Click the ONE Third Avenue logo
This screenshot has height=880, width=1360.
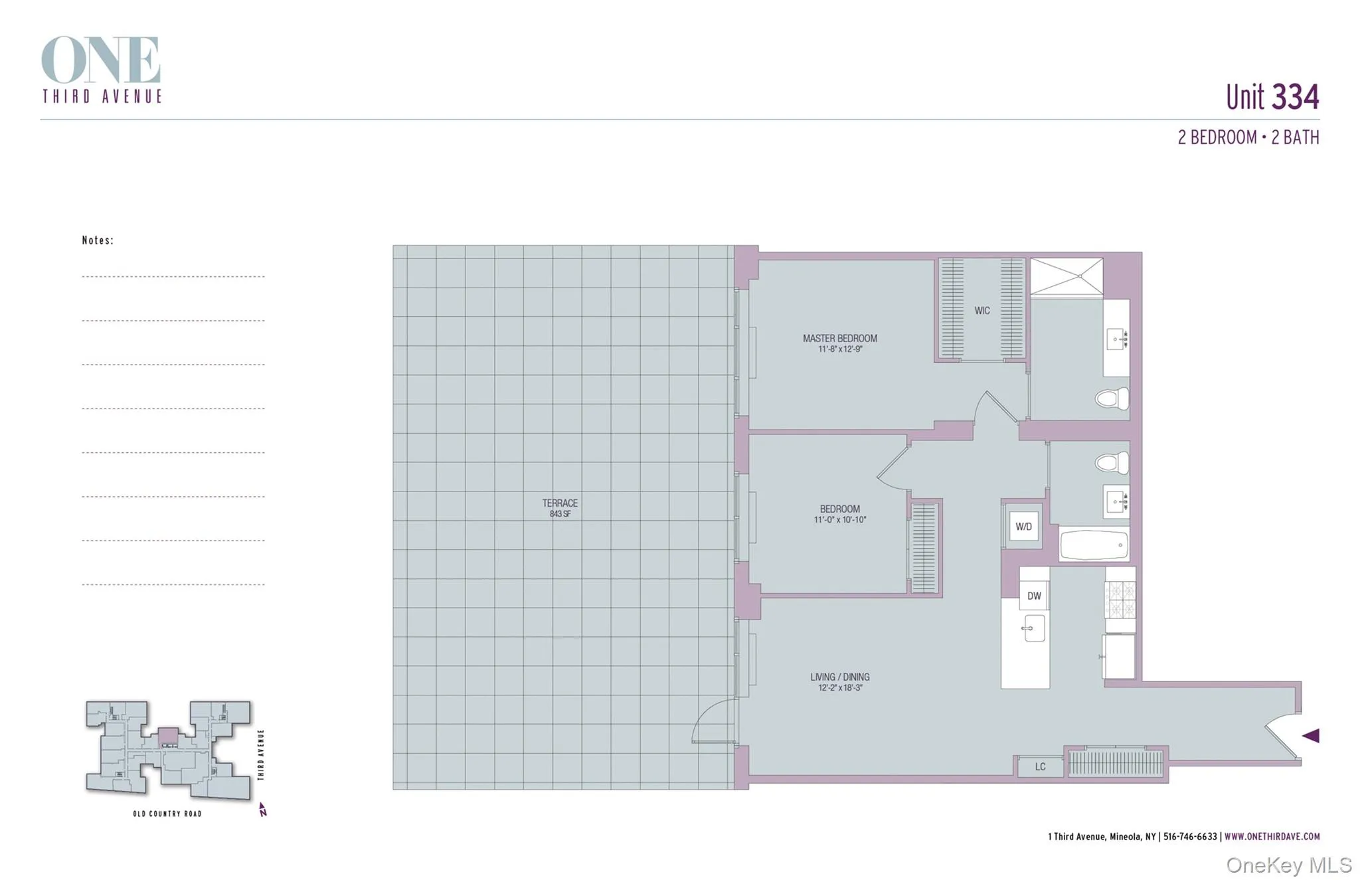[102, 70]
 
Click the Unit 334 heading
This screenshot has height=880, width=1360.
[1272, 97]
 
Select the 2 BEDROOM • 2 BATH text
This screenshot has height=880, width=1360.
[1248, 137]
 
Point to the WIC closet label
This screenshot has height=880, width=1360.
[981, 310]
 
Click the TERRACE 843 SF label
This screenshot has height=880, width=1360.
[560, 508]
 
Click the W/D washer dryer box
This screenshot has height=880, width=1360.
[1023, 527]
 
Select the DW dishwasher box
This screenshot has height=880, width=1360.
[1034, 596]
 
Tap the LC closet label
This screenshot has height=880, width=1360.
[1040, 766]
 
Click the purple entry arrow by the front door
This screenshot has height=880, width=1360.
[1310, 735]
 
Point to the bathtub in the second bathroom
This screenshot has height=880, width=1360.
[1094, 545]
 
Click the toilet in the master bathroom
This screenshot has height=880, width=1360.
[1112, 398]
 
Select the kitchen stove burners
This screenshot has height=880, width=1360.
[1120, 599]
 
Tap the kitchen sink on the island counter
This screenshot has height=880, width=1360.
[1033, 628]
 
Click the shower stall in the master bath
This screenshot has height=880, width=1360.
[1066, 276]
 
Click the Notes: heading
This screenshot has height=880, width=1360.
[98, 240]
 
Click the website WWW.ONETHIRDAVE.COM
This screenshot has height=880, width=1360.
[1272, 836]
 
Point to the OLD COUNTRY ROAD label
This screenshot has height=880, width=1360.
[167, 814]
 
